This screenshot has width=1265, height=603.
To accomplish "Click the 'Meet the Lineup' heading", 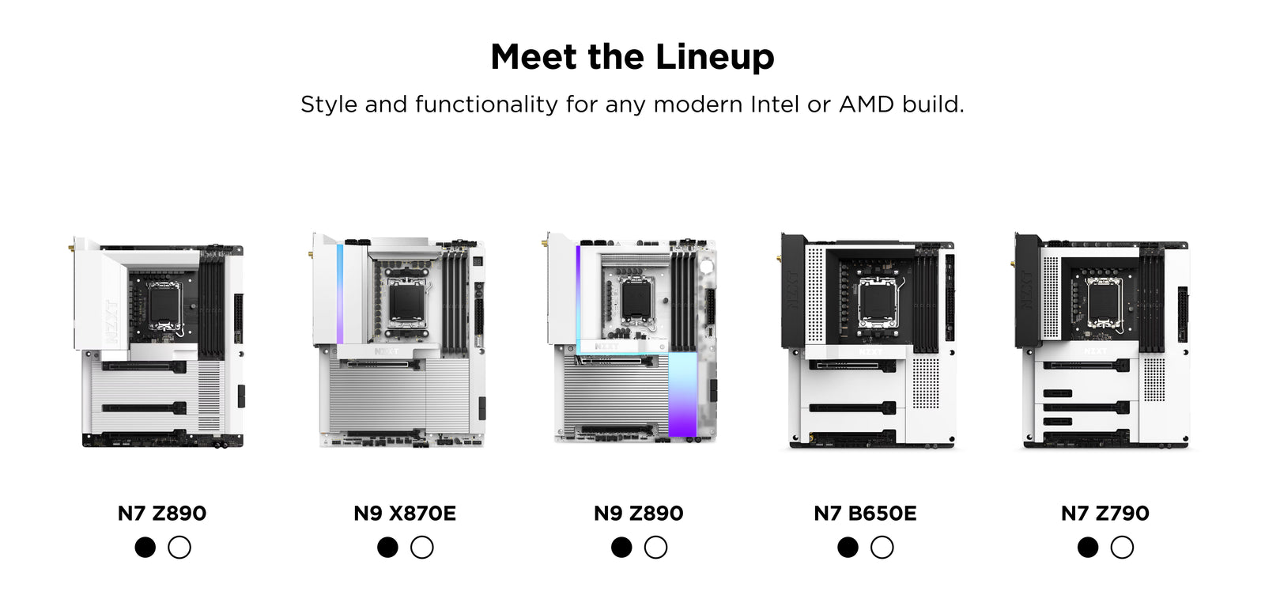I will (632, 57).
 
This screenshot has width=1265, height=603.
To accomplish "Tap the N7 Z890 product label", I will (162, 513).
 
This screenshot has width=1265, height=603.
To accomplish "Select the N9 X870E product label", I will (405, 513).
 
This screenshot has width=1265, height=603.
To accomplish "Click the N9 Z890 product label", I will (638, 513).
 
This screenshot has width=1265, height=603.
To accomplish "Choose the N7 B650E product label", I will (865, 513).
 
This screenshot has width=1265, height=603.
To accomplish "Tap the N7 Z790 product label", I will (1105, 513).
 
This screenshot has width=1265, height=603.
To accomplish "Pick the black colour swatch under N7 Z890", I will (145, 547).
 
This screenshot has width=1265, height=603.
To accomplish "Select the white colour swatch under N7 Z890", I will (179, 547).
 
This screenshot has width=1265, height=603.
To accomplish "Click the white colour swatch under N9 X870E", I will (422, 547).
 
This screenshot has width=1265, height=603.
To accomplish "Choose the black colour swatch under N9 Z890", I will (621, 547).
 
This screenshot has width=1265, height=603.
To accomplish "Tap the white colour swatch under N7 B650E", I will (882, 547).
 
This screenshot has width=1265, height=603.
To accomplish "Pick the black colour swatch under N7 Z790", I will (1088, 547).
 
